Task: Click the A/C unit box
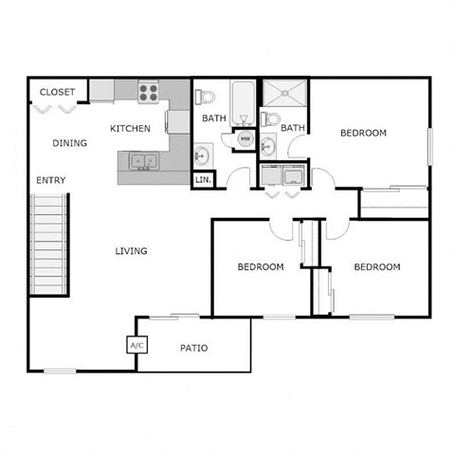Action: click(x=136, y=346)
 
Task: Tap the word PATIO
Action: click(x=194, y=348)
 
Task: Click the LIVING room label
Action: click(x=131, y=251)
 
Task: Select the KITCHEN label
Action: click(x=130, y=128)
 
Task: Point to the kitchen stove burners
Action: click(x=149, y=92)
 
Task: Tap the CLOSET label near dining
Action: click(x=57, y=92)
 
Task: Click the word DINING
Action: click(x=70, y=144)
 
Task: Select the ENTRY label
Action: click(x=50, y=180)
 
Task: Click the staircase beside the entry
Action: click(x=51, y=244)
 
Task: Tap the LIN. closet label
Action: click(x=203, y=179)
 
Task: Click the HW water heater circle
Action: click(x=245, y=139)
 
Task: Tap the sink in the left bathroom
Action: click(x=202, y=155)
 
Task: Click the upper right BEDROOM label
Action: click(x=363, y=133)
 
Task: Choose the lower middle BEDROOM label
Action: click(x=260, y=267)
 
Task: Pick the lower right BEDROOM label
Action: click(x=376, y=267)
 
